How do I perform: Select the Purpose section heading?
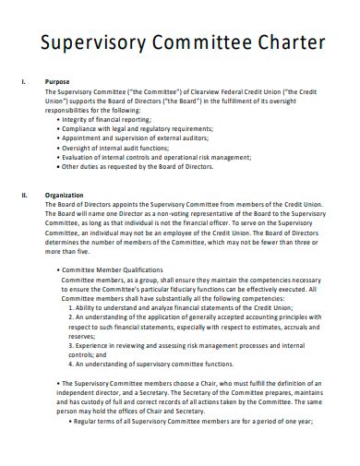[58, 82]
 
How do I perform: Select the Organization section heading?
[65, 196]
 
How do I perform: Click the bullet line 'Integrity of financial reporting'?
[112, 120]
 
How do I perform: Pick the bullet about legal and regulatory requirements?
[138, 129]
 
